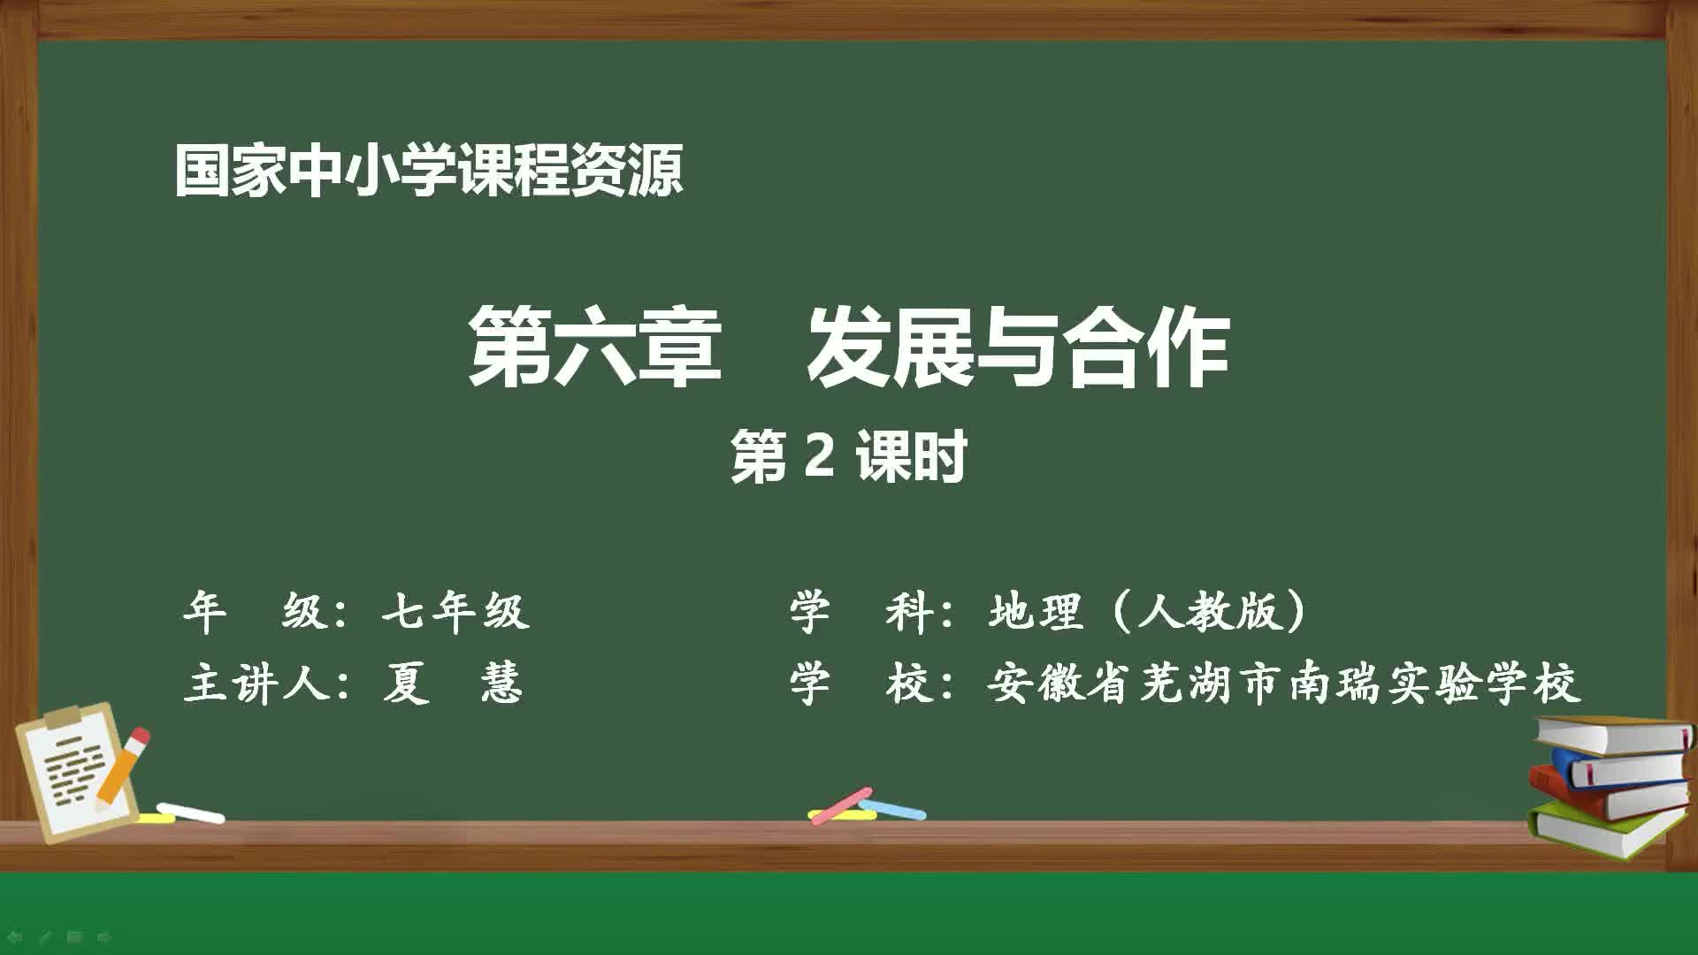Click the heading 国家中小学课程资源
point(428,171)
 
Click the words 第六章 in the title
point(594,347)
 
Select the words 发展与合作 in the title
point(1017,347)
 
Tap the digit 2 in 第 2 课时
point(820,456)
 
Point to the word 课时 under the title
point(911,456)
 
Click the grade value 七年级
point(455,611)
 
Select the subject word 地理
point(1036,611)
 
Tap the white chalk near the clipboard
point(191,812)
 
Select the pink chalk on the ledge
point(840,805)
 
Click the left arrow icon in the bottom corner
point(15,936)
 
